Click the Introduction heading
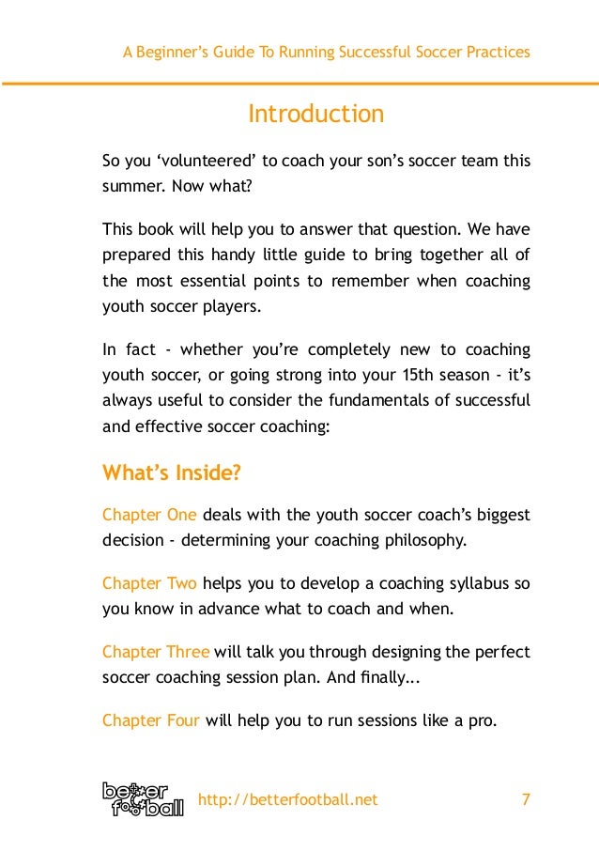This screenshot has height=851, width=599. tap(315, 115)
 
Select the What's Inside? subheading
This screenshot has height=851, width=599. tap(171, 472)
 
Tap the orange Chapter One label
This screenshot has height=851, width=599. tap(149, 515)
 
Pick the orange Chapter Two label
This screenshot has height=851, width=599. tap(149, 583)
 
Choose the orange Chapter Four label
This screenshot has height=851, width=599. tap(151, 720)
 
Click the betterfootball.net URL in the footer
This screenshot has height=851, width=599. tap(288, 799)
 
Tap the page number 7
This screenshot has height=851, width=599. tap(525, 799)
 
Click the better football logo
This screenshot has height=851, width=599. tap(143, 798)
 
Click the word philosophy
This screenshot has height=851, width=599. tap(422, 540)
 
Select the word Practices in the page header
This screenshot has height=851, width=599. tap(499, 52)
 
